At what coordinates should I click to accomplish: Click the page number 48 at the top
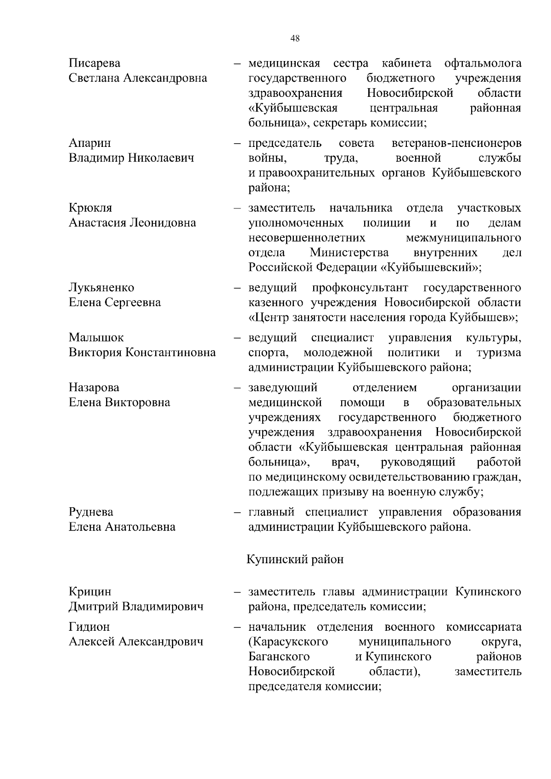coord(295,39)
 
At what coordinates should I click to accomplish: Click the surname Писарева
coord(95,63)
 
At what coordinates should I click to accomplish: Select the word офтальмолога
coord(483,63)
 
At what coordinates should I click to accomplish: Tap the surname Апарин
coord(90,143)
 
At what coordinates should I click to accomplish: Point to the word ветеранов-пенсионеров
coord(456,143)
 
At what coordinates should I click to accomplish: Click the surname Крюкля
coord(90,208)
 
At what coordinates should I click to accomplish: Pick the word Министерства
coord(349,252)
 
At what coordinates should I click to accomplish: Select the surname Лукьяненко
coord(101,287)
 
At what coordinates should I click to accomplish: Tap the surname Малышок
coord(96,337)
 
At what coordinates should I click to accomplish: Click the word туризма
coord(499,353)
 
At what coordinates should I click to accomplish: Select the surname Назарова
coord(94,387)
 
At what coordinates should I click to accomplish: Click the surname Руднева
coord(91,512)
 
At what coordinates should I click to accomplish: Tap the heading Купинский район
coord(295,560)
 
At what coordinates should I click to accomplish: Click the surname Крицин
coord(90,592)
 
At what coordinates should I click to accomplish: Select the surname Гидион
coord(90,627)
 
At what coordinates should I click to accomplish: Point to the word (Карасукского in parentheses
coord(288,641)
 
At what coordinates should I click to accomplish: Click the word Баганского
coord(279,656)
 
